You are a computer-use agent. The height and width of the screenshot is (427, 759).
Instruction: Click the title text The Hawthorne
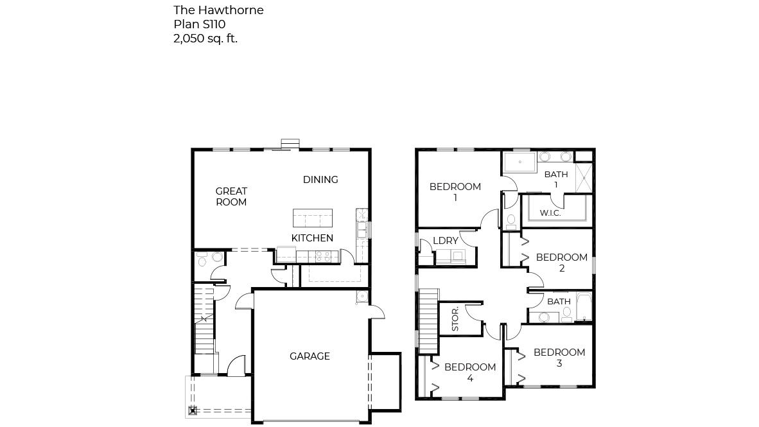(218, 10)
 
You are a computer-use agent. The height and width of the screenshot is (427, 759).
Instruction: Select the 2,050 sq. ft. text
(205, 39)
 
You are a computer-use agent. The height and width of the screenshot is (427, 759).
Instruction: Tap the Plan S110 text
(199, 24)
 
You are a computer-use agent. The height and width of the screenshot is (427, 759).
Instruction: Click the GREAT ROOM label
(231, 196)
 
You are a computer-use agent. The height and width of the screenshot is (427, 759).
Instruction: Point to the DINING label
(320, 180)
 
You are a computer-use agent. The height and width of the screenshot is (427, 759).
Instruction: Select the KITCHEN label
(312, 238)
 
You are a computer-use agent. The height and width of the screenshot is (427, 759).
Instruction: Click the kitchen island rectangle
(313, 218)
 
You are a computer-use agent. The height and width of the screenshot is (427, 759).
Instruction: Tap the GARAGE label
(310, 356)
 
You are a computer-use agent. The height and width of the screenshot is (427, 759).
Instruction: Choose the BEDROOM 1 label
(455, 192)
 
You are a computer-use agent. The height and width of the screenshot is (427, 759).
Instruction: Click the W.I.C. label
(550, 213)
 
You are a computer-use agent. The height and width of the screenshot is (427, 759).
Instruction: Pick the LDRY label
(446, 241)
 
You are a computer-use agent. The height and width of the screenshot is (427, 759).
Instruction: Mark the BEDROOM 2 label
(562, 263)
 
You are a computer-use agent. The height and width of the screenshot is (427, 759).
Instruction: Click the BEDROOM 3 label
(559, 358)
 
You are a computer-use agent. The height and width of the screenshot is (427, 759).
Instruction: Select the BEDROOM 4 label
(470, 372)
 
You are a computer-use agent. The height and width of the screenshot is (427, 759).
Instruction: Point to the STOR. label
(455, 318)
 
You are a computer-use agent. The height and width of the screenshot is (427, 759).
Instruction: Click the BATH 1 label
(556, 179)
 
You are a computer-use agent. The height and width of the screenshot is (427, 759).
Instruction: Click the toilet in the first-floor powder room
(202, 259)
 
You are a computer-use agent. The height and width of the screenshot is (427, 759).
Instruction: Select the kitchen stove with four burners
(322, 256)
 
